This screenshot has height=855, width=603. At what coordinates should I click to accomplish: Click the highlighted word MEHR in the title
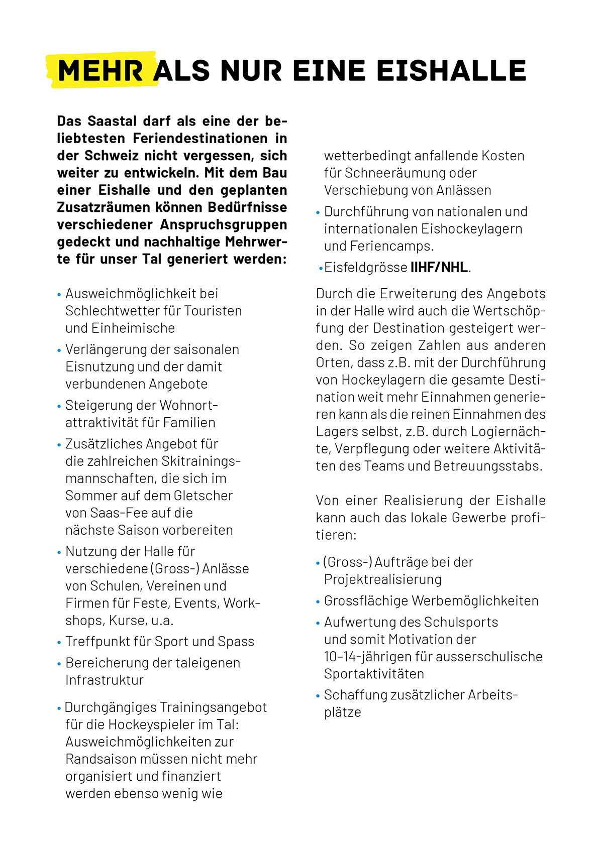[100, 71]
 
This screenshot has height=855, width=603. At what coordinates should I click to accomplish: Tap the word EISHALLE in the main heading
[451, 71]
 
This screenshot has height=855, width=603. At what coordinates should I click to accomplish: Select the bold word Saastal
[112, 121]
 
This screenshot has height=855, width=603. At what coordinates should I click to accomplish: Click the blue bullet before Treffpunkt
[59, 643]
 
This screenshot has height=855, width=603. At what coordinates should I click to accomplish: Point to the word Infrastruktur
[105, 680]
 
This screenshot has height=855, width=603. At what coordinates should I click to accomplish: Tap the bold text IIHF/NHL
[439, 268]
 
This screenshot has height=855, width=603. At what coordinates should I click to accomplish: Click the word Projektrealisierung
[383, 580]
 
